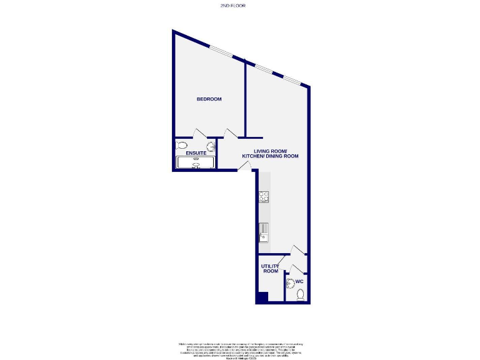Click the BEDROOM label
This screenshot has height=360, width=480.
click(x=209, y=99)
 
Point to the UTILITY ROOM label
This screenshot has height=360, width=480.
click(x=270, y=269)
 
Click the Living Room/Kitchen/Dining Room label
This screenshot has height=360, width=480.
click(x=276, y=154)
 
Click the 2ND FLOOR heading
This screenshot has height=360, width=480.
click(x=233, y=6)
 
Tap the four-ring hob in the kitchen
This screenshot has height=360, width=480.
click(x=264, y=197)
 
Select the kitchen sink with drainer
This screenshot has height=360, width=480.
click(x=264, y=232)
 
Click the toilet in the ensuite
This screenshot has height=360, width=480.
click(x=181, y=146)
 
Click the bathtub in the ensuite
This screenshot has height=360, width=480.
click(x=196, y=162)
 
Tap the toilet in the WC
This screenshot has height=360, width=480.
click(x=300, y=294)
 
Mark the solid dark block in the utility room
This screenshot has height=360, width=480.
click(x=262, y=297)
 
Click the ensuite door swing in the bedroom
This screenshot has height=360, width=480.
click(x=201, y=133)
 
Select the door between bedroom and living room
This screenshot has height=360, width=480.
click(x=230, y=133)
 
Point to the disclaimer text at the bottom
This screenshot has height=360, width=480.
click(x=240, y=349)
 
